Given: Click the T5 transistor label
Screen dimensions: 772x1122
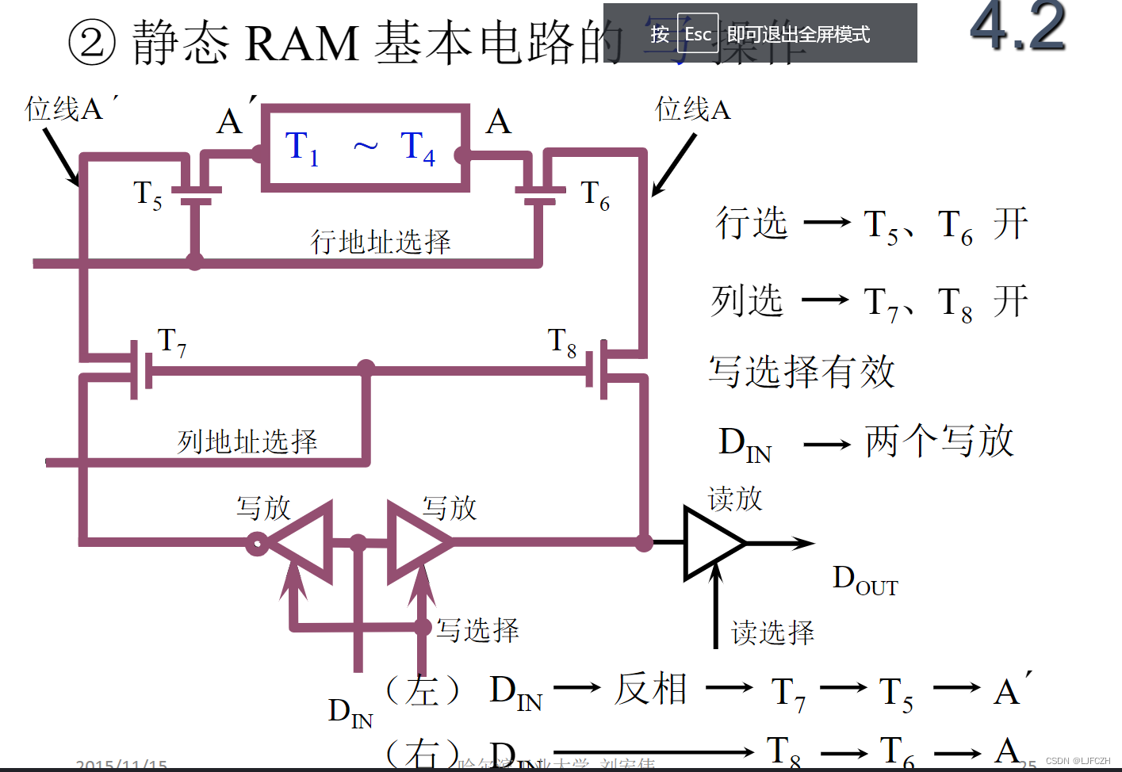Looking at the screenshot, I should click(x=147, y=195).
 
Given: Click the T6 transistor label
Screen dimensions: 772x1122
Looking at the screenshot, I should click(x=595, y=195).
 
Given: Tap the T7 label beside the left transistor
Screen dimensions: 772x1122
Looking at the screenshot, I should click(x=172, y=342).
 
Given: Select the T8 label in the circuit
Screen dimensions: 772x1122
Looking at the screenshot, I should click(x=561, y=342).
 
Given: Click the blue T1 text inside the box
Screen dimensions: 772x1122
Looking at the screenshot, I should click(x=301, y=148).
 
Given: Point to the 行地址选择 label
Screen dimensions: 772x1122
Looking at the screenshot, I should click(x=380, y=241).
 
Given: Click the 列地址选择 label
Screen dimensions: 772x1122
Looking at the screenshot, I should click(x=247, y=441).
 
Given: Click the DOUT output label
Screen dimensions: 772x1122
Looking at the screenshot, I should click(x=864, y=580).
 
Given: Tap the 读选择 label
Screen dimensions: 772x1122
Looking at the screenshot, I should click(x=772, y=633).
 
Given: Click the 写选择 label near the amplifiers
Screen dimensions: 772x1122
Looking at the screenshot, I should click(x=477, y=630).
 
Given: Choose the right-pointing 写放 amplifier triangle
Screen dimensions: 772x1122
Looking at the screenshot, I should click(x=415, y=542).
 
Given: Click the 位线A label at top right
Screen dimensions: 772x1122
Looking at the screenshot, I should click(x=692, y=109).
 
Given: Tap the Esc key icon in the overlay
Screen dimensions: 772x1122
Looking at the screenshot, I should click(x=698, y=34).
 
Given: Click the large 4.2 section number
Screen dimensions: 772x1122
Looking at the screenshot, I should click(x=1017, y=27).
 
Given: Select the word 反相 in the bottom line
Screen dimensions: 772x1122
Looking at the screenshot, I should click(x=651, y=688).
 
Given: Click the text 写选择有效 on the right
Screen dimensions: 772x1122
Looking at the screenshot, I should click(x=802, y=371).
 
